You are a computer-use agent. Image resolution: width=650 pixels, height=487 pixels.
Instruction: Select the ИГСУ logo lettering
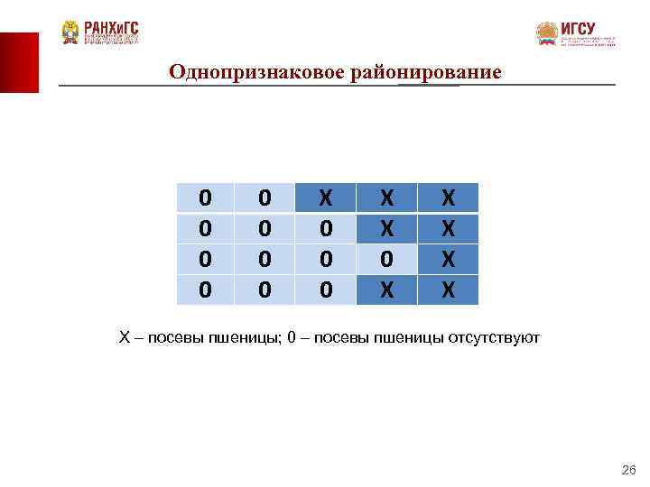pyautogui.click(x=579, y=28)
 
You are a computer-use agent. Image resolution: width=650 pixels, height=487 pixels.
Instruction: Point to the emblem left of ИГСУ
pyautogui.click(x=546, y=33)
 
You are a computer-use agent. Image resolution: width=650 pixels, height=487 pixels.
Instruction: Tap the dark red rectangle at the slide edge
pyautogui.click(x=19, y=62)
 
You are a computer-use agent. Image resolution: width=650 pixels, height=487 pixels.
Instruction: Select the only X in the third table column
pyautogui.click(x=327, y=198)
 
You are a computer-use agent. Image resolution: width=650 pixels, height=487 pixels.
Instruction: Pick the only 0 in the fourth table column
pyautogui.click(x=386, y=258)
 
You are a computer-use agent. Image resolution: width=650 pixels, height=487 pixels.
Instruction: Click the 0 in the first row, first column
pyautogui.click(x=205, y=198)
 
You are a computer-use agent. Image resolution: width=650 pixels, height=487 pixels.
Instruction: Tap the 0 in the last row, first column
pyautogui.click(x=205, y=289)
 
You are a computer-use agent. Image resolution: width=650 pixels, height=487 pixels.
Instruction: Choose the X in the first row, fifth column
pyautogui.click(x=448, y=198)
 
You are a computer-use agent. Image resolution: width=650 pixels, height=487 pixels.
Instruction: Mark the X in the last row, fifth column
pyautogui.click(x=448, y=289)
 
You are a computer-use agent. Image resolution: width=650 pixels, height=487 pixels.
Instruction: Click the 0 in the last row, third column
pyautogui.click(x=327, y=289)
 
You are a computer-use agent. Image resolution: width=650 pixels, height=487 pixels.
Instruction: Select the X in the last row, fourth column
pyautogui.click(x=386, y=289)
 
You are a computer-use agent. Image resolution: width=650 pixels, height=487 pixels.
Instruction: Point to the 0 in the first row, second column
pyautogui.click(x=265, y=198)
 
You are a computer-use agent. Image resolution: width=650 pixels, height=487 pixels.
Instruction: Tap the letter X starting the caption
pyautogui.click(x=125, y=338)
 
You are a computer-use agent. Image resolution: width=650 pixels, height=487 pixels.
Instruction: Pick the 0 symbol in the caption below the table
pyautogui.click(x=291, y=338)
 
